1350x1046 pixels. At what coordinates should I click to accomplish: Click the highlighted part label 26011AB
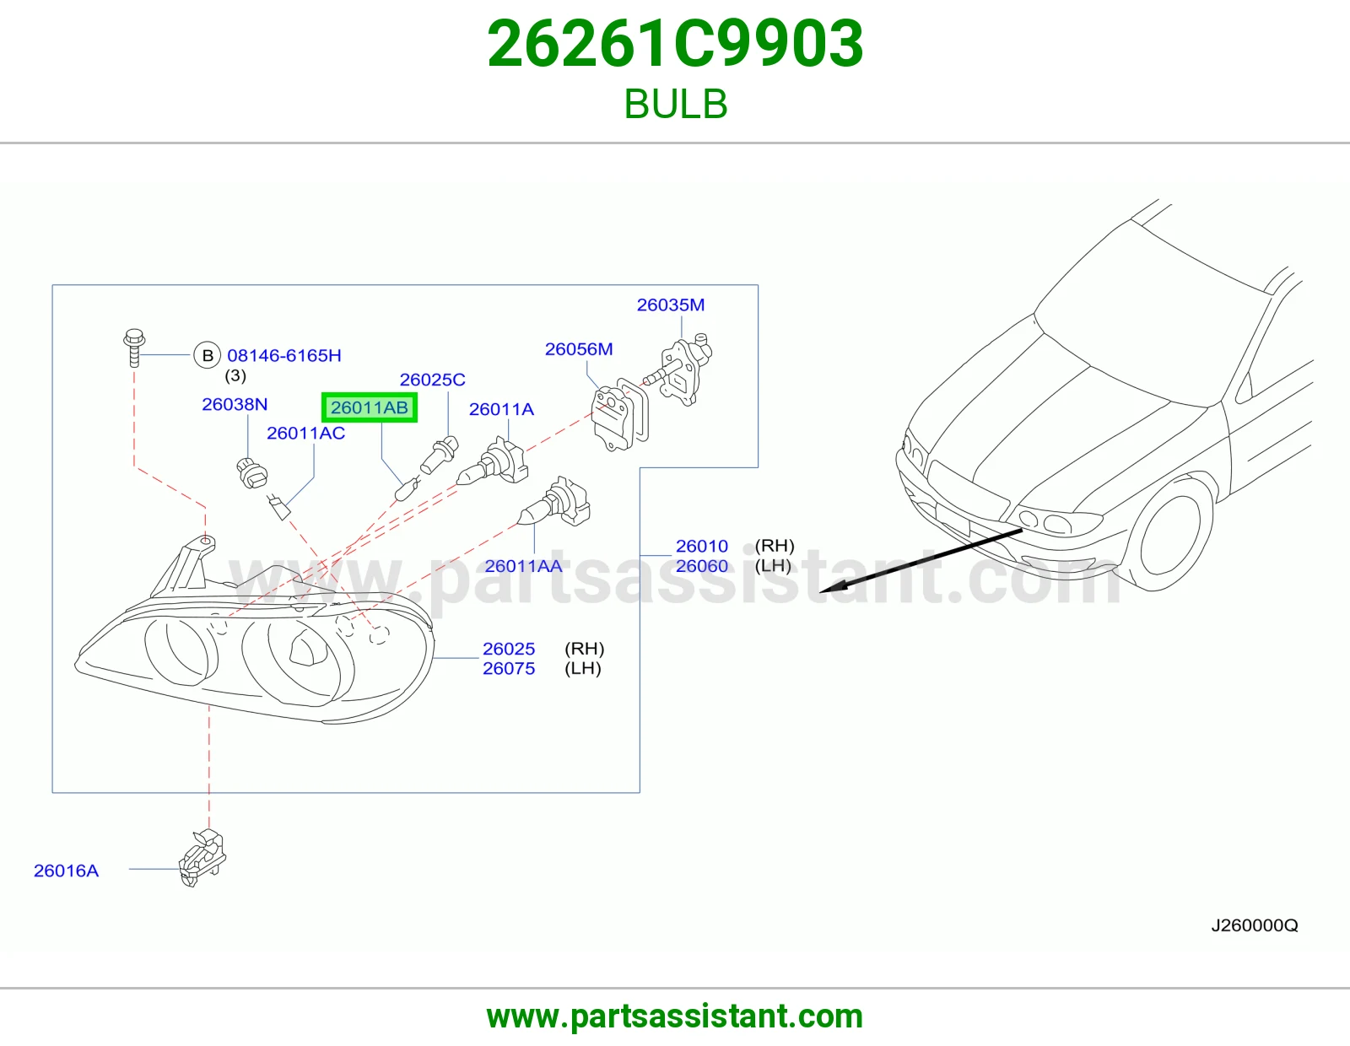pyautogui.click(x=369, y=407)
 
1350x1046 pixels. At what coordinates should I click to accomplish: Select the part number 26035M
pyautogui.click(x=670, y=305)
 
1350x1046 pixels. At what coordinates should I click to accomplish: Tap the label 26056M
pyautogui.click(x=579, y=349)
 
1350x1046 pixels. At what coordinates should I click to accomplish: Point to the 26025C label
pyautogui.click(x=432, y=380)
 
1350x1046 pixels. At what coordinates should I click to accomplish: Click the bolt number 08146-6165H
pyautogui.click(x=283, y=355)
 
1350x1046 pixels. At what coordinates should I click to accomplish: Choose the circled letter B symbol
pyautogui.click(x=208, y=355)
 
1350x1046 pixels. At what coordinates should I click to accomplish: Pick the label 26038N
pyautogui.click(x=235, y=404)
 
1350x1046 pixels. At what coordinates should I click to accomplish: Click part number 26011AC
pyautogui.click(x=305, y=433)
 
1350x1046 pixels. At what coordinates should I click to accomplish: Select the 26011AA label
pyautogui.click(x=523, y=566)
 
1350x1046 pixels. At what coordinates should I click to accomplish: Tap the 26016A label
pyautogui.click(x=66, y=871)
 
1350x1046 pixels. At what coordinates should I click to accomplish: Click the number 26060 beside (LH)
pyautogui.click(x=701, y=566)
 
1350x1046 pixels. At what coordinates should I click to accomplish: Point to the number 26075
pyautogui.click(x=508, y=668)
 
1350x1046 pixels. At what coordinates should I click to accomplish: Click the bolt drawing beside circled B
pyautogui.click(x=134, y=348)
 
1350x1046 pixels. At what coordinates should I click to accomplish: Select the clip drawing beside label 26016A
pyautogui.click(x=202, y=857)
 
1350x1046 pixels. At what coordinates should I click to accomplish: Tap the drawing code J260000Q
pyautogui.click(x=1255, y=925)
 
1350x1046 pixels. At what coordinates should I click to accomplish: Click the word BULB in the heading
pyautogui.click(x=675, y=104)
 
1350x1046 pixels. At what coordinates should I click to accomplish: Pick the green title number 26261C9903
pyautogui.click(x=675, y=44)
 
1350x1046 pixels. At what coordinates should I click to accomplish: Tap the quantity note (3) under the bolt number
pyautogui.click(x=235, y=375)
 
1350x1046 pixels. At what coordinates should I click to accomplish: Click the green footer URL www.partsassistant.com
pyautogui.click(x=675, y=1016)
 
